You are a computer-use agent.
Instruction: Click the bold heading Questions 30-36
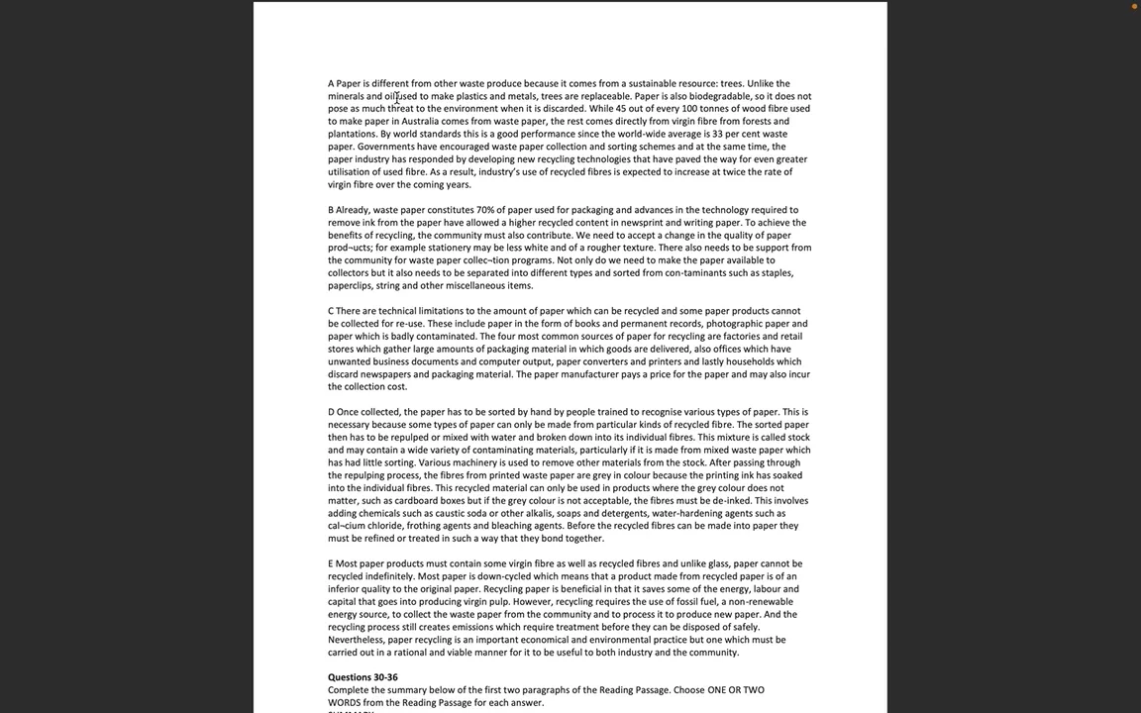click(x=363, y=677)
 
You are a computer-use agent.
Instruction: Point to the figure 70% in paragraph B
click(x=485, y=210)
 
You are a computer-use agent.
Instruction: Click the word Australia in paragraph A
click(x=420, y=122)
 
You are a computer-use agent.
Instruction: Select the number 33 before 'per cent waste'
click(x=717, y=135)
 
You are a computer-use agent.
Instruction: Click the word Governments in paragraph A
click(x=385, y=148)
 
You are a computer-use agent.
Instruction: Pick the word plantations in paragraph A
click(x=352, y=135)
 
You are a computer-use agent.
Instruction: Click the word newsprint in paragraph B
click(x=643, y=223)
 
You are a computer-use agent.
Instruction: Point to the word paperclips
click(x=351, y=286)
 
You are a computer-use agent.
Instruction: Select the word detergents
click(x=623, y=514)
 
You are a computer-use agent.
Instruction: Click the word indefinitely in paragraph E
click(x=389, y=576)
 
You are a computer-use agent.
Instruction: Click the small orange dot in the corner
click(x=1134, y=6)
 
